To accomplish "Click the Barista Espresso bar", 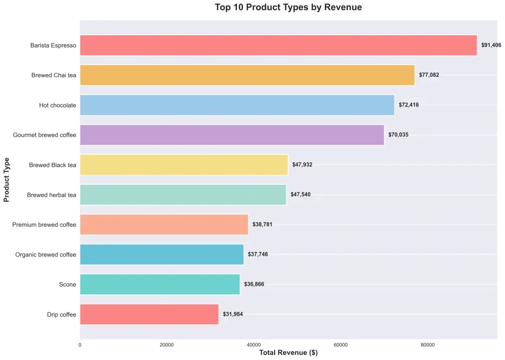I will click(x=278, y=45).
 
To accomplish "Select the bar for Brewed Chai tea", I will click(x=247, y=75).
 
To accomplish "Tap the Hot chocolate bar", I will click(x=237, y=105).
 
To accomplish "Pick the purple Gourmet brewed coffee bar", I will click(x=232, y=135).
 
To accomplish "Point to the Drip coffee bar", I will click(x=149, y=315).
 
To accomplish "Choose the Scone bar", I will click(x=160, y=284).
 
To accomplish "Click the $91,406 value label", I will click(x=491, y=45).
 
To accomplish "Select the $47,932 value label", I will click(x=302, y=165).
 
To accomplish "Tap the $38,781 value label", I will click(x=262, y=225).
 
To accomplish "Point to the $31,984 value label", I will click(x=233, y=315).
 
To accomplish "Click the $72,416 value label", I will click(x=409, y=105).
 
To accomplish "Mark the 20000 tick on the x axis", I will click(x=167, y=345).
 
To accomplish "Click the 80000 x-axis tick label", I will click(x=428, y=345).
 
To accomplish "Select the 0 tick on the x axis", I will click(x=80, y=345).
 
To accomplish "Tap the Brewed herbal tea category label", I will click(x=52, y=195).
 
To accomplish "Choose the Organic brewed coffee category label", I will click(x=46, y=255).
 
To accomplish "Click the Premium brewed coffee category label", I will click(x=44, y=225).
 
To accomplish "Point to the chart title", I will click(x=288, y=8).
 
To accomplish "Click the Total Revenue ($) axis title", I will click(x=288, y=353).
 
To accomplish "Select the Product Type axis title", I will click(x=7, y=180).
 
